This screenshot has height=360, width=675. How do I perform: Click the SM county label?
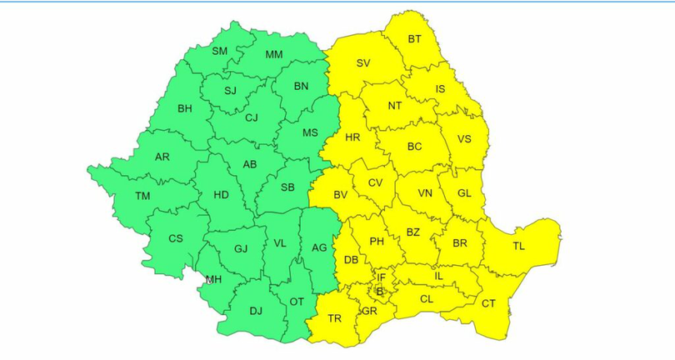tap(219, 51)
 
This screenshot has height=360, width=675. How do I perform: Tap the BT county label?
tap(415, 39)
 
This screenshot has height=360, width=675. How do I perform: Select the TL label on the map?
tap(519, 246)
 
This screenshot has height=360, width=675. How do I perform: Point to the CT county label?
tap(488, 303)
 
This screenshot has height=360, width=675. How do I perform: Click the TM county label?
tap(143, 197)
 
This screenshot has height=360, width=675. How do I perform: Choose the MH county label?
tap(214, 279)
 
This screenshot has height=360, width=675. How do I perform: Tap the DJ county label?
tap(256, 312)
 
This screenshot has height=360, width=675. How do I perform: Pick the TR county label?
tap(335, 319)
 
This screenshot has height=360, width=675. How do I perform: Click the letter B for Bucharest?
tap(379, 292)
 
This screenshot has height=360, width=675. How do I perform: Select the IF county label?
tap(382, 277)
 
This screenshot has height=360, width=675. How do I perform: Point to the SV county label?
tap(363, 62)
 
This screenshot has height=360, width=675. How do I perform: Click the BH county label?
tap(185, 108)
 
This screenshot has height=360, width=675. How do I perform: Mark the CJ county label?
tap(252, 117)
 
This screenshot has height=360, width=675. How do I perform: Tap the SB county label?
tap(288, 187)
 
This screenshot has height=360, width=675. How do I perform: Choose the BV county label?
tap(340, 195)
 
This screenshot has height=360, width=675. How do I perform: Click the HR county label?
tap(352, 137)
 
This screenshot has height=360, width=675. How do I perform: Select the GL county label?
tap(465, 193)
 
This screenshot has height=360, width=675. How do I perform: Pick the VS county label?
tap(465, 139)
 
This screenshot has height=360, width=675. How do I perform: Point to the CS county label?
tap(176, 238)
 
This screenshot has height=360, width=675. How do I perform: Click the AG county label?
tap(318, 247)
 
